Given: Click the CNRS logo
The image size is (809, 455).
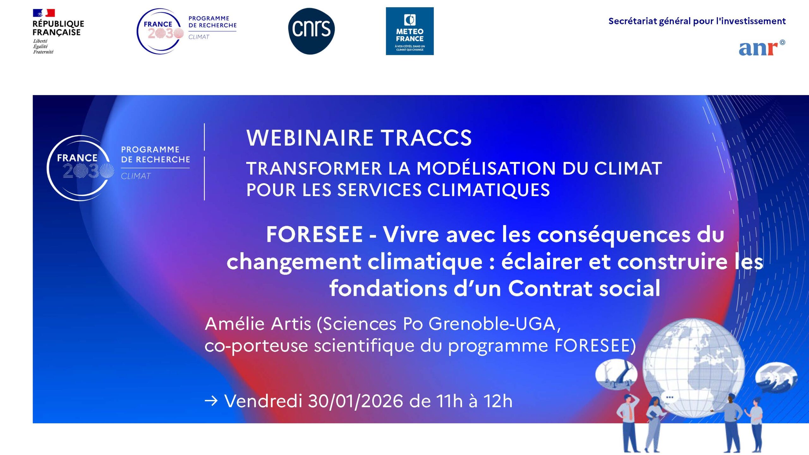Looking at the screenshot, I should (311, 31).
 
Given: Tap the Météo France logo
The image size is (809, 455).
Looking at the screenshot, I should (410, 31).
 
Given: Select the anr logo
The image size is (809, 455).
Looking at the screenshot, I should (761, 48).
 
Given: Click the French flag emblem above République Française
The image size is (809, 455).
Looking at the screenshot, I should (44, 13).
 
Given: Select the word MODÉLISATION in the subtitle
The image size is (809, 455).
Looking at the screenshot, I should (486, 168).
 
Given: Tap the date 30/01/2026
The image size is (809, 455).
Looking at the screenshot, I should (356, 401).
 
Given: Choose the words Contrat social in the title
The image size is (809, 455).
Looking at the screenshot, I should (584, 289).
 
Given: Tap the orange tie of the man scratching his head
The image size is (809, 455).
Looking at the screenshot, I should (630, 412).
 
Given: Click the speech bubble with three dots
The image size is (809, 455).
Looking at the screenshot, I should (669, 397).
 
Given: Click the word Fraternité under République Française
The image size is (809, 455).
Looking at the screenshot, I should (43, 52).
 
